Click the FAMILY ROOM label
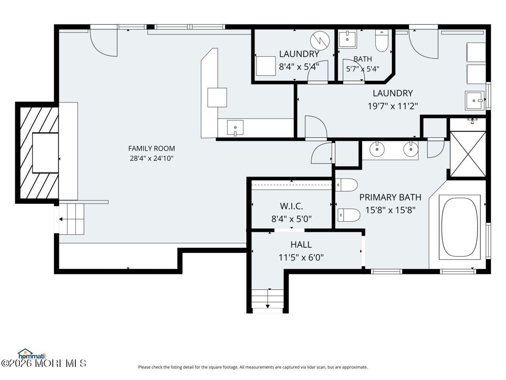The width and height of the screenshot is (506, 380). (x=151, y=148)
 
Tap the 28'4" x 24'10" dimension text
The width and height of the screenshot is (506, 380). (x=151, y=158)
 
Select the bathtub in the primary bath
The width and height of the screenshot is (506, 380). (x=459, y=227)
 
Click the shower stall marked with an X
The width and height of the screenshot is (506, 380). (x=468, y=154)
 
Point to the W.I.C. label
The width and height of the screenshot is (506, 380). (x=291, y=206)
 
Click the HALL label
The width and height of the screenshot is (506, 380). (x=301, y=245)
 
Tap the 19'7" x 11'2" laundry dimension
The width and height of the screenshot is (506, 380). (x=393, y=106)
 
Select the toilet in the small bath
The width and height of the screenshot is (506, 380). (x=382, y=40)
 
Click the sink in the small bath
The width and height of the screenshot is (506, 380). (x=347, y=39)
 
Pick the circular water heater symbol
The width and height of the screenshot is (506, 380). (x=320, y=41)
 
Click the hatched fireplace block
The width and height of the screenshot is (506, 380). (x=37, y=153)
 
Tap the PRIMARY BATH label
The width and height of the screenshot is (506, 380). (x=390, y=197)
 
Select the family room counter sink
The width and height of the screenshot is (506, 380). (x=235, y=127)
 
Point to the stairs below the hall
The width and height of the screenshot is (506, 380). (x=267, y=301)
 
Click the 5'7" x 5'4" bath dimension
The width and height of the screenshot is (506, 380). (x=363, y=69)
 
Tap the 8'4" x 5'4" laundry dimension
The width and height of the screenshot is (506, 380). (x=299, y=67)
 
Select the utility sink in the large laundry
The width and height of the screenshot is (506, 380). (x=474, y=101)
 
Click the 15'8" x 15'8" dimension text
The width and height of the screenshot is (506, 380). (x=390, y=210)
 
